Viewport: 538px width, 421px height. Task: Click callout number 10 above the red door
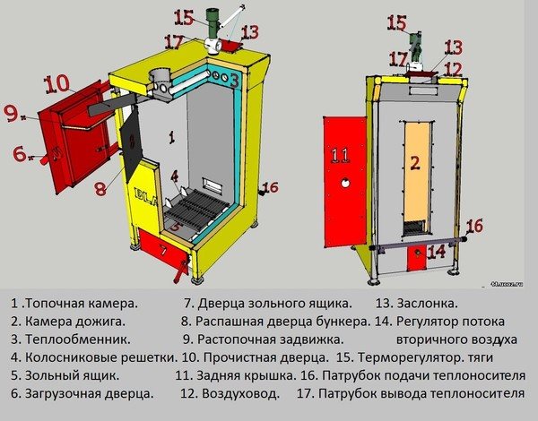[57, 83]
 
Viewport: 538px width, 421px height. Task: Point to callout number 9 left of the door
[12, 114]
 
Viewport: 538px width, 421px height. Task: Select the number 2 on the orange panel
[414, 163]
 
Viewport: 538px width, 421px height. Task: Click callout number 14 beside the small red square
[437, 252]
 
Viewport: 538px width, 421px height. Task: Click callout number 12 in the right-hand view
[453, 69]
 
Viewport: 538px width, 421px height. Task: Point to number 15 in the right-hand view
[396, 23]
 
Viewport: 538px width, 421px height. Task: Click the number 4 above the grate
[175, 175]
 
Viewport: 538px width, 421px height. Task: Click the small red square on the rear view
[417, 257]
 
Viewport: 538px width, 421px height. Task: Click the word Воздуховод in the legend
[239, 393]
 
